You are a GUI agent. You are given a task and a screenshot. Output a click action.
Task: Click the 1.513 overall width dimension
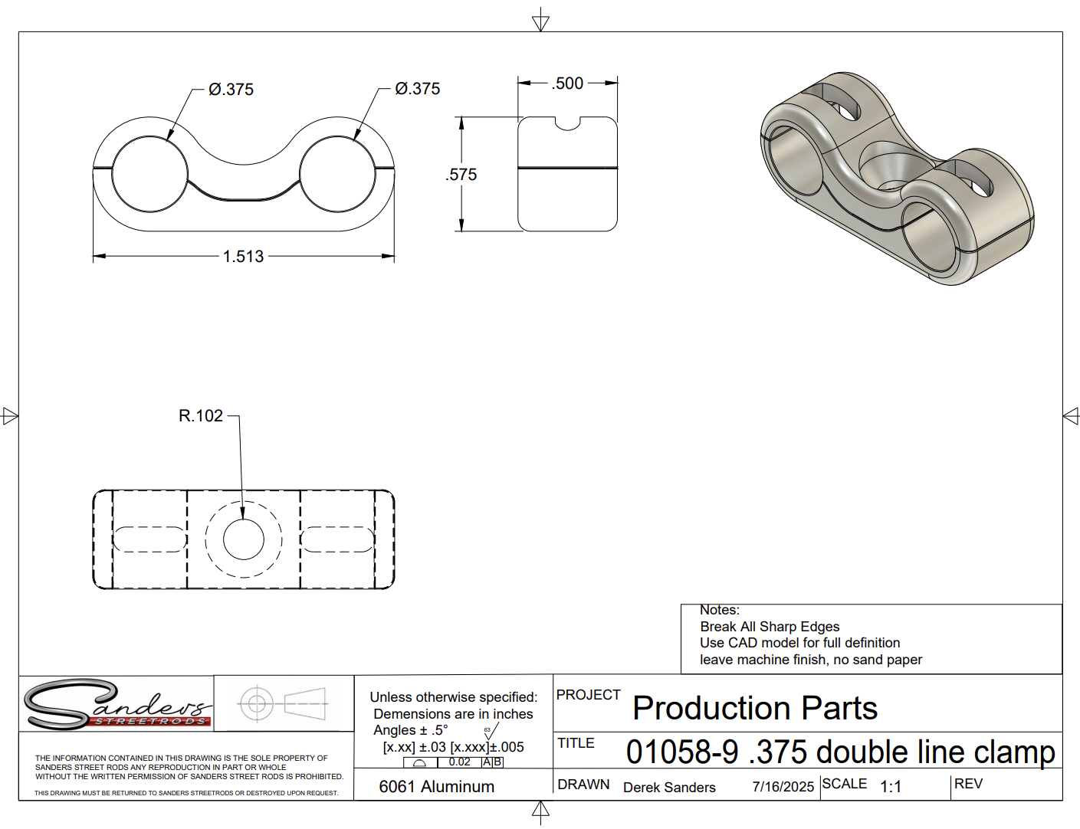[x=243, y=257]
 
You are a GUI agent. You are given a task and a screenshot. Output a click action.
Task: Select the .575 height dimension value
[x=461, y=175]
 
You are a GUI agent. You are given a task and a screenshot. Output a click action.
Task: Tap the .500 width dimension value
[x=567, y=84]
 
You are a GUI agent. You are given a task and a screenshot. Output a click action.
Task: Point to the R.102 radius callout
[x=200, y=416]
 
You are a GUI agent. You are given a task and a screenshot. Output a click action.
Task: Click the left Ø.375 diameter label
[x=231, y=90]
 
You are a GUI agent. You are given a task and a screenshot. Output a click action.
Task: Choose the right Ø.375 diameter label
[x=417, y=89]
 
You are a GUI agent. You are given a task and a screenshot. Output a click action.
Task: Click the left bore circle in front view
[x=149, y=173]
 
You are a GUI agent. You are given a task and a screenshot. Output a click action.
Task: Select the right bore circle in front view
[x=336, y=173]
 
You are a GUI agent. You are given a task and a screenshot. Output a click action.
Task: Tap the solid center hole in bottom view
[x=244, y=539]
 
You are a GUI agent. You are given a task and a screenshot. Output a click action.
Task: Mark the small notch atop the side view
[x=567, y=123]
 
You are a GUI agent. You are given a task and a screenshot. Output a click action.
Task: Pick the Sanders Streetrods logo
[x=116, y=704]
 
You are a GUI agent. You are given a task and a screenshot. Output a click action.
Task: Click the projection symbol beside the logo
[x=283, y=703]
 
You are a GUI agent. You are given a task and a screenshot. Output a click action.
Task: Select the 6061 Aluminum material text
[x=436, y=787]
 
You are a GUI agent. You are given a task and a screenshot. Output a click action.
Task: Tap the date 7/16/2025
[x=783, y=787]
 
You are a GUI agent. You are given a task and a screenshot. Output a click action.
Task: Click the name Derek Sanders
[x=669, y=788]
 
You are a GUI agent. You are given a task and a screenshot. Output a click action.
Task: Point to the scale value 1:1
[x=891, y=787]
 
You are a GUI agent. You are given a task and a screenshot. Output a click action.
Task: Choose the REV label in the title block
[x=968, y=784]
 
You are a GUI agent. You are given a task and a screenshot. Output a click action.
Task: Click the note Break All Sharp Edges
[x=770, y=627]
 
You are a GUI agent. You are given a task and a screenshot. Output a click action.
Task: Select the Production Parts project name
[x=755, y=708]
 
